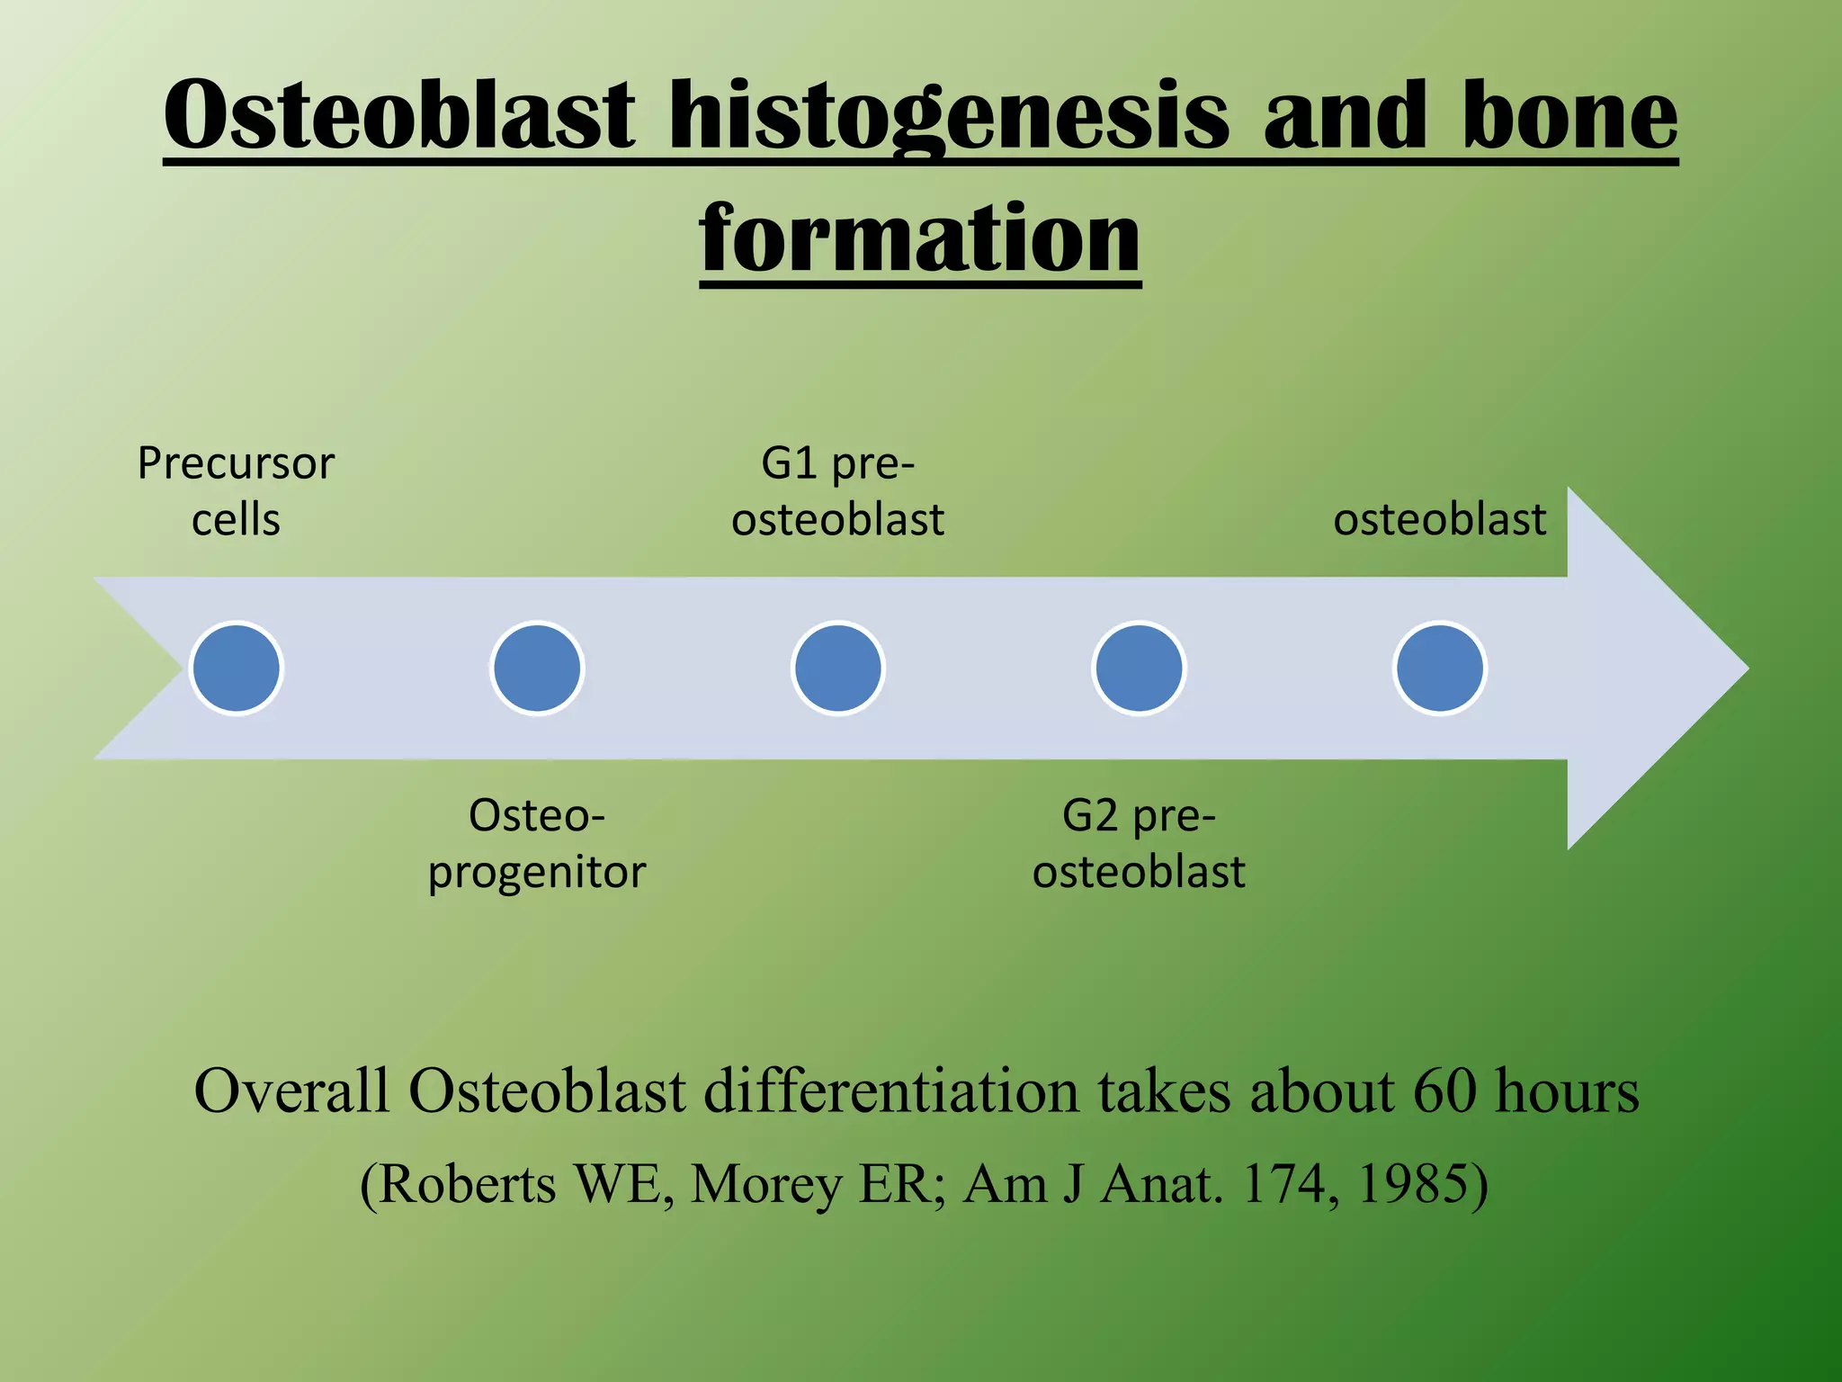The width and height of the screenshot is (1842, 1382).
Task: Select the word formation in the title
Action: pyautogui.click(x=920, y=238)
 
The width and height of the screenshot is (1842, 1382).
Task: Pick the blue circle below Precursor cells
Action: pyautogui.click(x=237, y=669)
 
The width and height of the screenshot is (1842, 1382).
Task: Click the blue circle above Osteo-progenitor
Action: pyautogui.click(x=537, y=669)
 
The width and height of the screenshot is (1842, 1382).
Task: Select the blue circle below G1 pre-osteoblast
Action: pyautogui.click(x=838, y=669)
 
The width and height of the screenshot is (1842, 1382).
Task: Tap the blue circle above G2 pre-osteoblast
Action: pyautogui.click(x=1139, y=669)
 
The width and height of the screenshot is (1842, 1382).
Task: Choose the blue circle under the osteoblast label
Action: pyautogui.click(x=1439, y=669)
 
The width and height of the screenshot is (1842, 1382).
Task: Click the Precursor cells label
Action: pyautogui.click(x=236, y=491)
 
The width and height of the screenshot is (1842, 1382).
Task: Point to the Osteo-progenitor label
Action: pyautogui.click(x=537, y=843)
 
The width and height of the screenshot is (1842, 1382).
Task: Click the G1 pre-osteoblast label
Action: pyautogui.click(x=837, y=491)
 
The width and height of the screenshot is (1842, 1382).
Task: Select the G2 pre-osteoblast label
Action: pyautogui.click(x=1139, y=843)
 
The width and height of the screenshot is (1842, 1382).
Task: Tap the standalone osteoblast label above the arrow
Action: pyautogui.click(x=1439, y=519)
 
